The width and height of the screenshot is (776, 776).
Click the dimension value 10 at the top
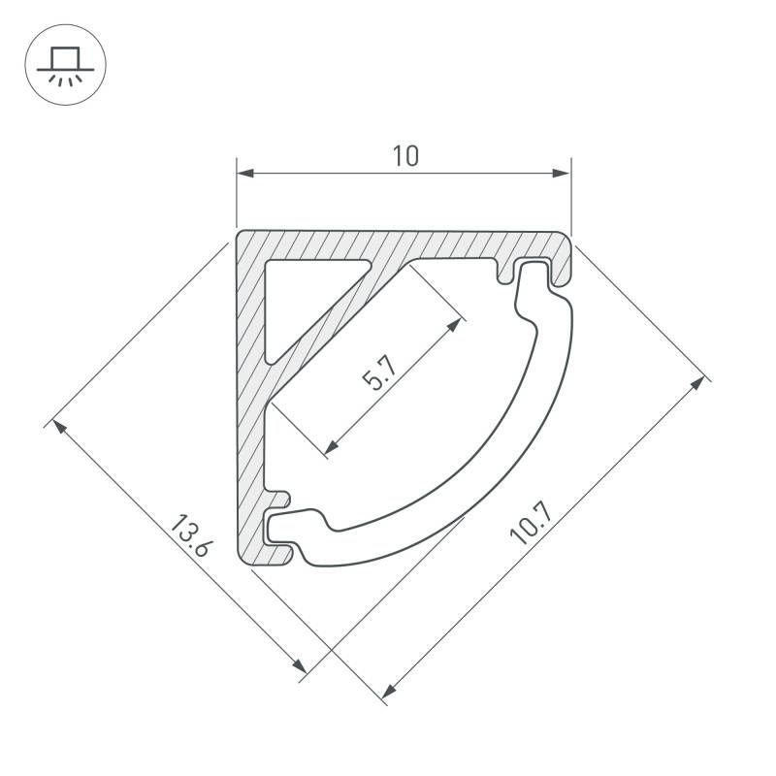[405, 155]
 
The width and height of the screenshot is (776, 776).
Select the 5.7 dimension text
[379, 373]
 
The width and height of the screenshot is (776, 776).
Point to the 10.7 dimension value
[530, 523]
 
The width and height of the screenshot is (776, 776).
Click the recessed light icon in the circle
[65, 65]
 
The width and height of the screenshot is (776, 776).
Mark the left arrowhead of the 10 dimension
[245, 174]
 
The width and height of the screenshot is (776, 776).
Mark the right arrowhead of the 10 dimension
[562, 174]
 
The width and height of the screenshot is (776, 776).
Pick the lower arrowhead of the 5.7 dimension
[332, 446]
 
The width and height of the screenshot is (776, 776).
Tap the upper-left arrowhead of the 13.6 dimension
[59, 426]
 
